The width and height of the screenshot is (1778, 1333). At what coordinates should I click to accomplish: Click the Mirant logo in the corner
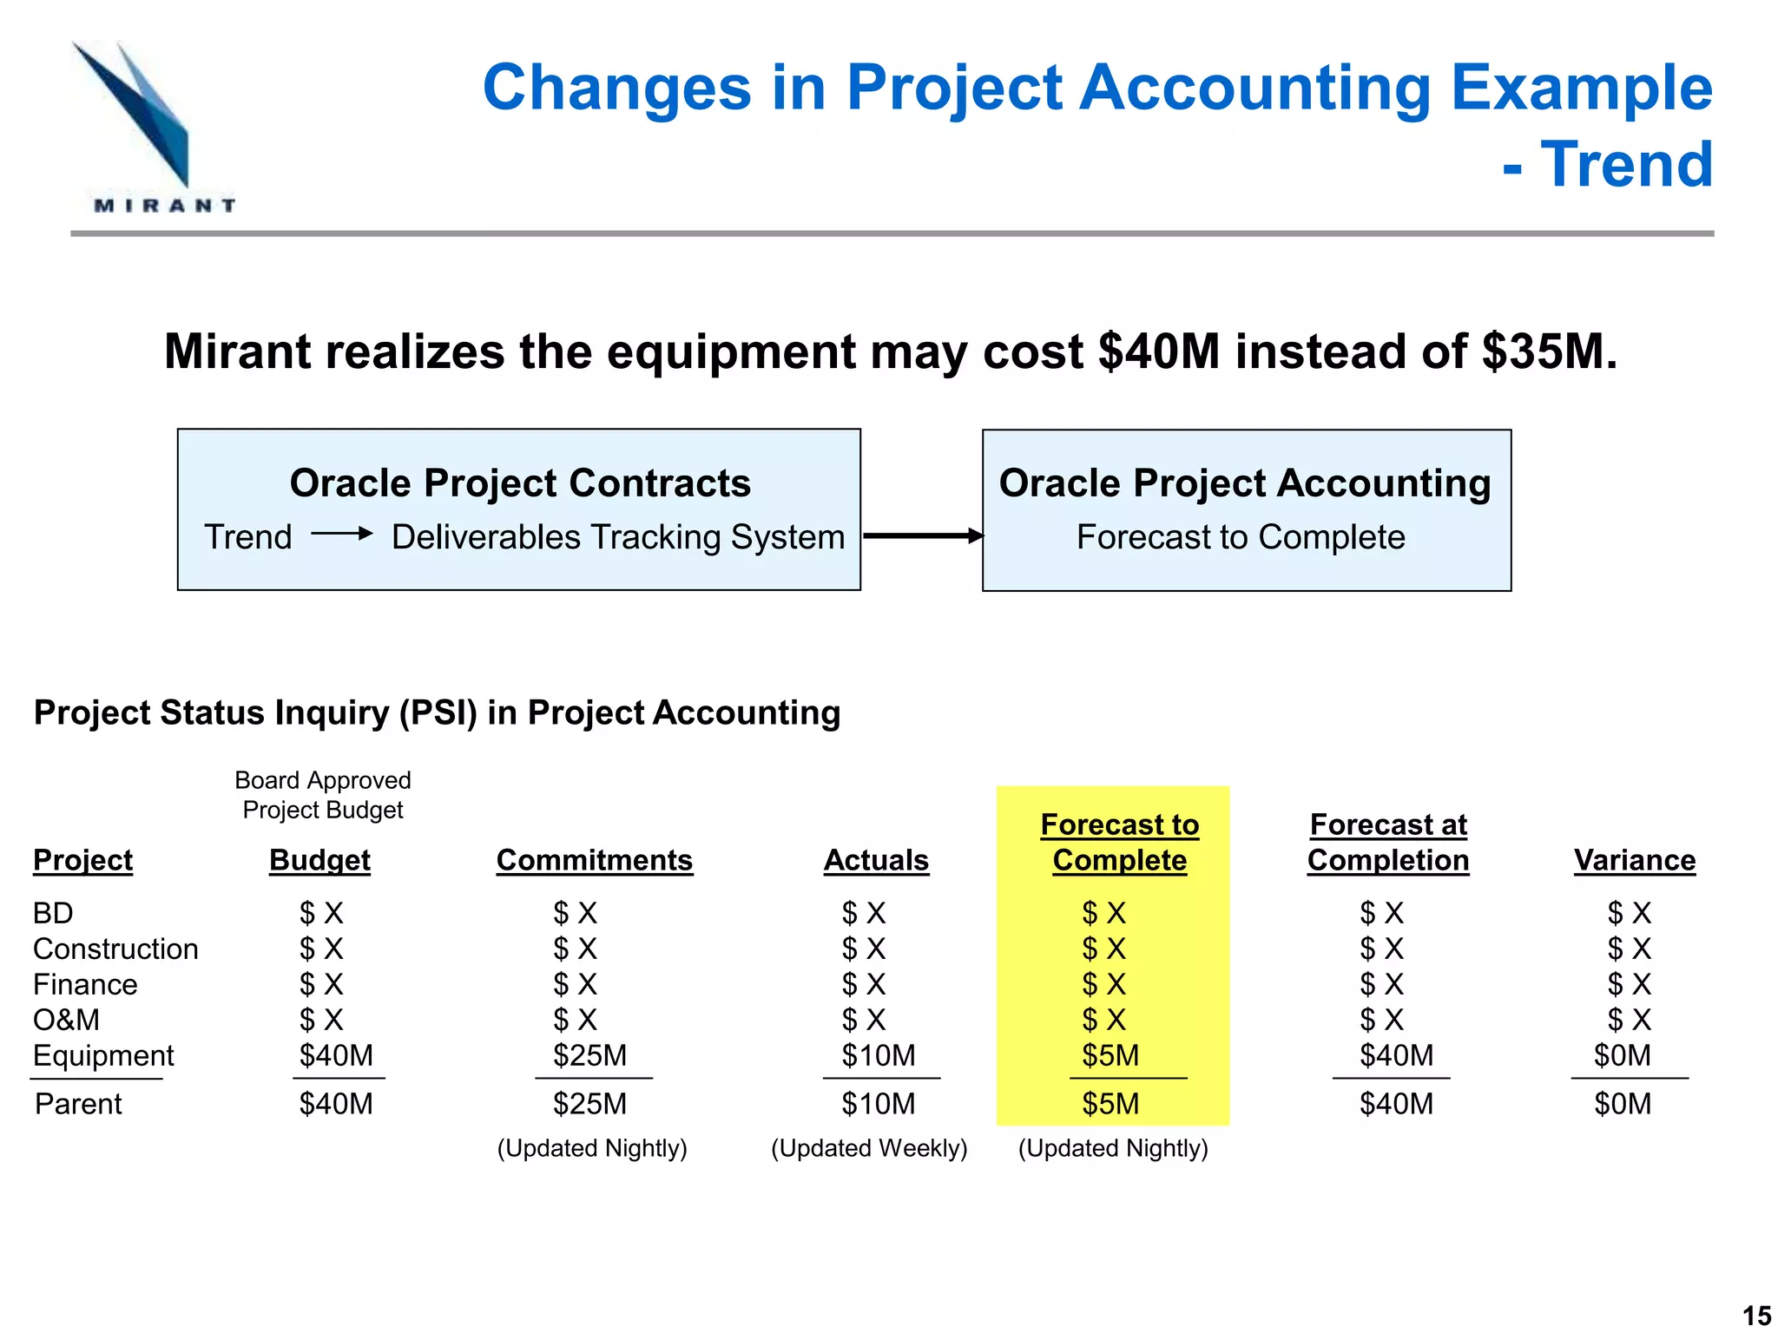[x=154, y=128]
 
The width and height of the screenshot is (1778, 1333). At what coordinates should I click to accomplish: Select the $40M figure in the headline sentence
[x=1159, y=351]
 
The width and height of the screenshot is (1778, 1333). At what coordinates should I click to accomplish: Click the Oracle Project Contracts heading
[x=520, y=483]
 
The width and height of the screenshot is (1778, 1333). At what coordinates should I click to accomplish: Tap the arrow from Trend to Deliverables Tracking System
[x=342, y=534]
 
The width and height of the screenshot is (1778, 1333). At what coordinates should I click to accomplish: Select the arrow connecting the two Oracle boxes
[x=923, y=535]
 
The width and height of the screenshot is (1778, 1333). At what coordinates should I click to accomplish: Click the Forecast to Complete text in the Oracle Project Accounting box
[x=1241, y=537]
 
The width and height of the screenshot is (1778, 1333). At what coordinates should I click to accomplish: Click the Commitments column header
[x=595, y=860]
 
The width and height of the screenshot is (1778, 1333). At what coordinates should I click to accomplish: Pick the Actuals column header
[x=876, y=860]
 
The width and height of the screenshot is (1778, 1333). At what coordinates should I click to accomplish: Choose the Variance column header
[x=1635, y=860]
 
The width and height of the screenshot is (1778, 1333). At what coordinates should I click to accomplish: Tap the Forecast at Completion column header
[x=1388, y=842]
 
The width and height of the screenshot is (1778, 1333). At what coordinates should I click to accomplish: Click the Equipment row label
[x=103, y=1055]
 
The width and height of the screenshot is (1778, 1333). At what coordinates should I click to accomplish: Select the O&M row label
[x=66, y=1020]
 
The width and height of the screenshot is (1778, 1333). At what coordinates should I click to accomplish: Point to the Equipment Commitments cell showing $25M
[x=590, y=1055]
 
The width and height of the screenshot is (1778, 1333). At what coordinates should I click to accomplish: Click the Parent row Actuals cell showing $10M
[x=879, y=1104]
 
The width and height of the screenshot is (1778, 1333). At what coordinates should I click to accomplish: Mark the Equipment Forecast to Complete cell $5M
[x=1110, y=1055]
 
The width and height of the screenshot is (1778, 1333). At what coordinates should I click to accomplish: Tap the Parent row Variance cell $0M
[x=1623, y=1104]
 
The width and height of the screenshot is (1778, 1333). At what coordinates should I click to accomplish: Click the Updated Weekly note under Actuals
[x=869, y=1148]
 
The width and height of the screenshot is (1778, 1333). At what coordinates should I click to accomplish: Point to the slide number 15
[x=1757, y=1316]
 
